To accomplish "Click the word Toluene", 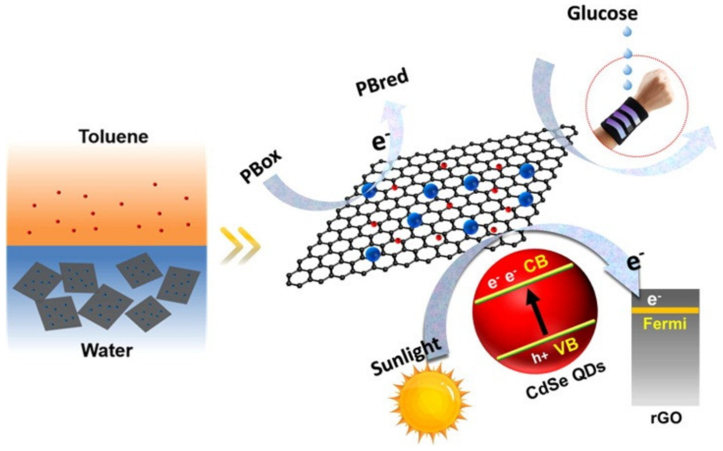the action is click(113, 137).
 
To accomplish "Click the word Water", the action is click(107, 350).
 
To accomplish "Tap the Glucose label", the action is click(602, 14).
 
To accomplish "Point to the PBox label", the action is click(261, 166).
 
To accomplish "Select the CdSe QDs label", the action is click(565, 380).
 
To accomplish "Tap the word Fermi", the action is click(665, 323).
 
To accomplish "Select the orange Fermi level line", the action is click(665, 311).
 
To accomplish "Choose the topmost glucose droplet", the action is click(627, 32).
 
